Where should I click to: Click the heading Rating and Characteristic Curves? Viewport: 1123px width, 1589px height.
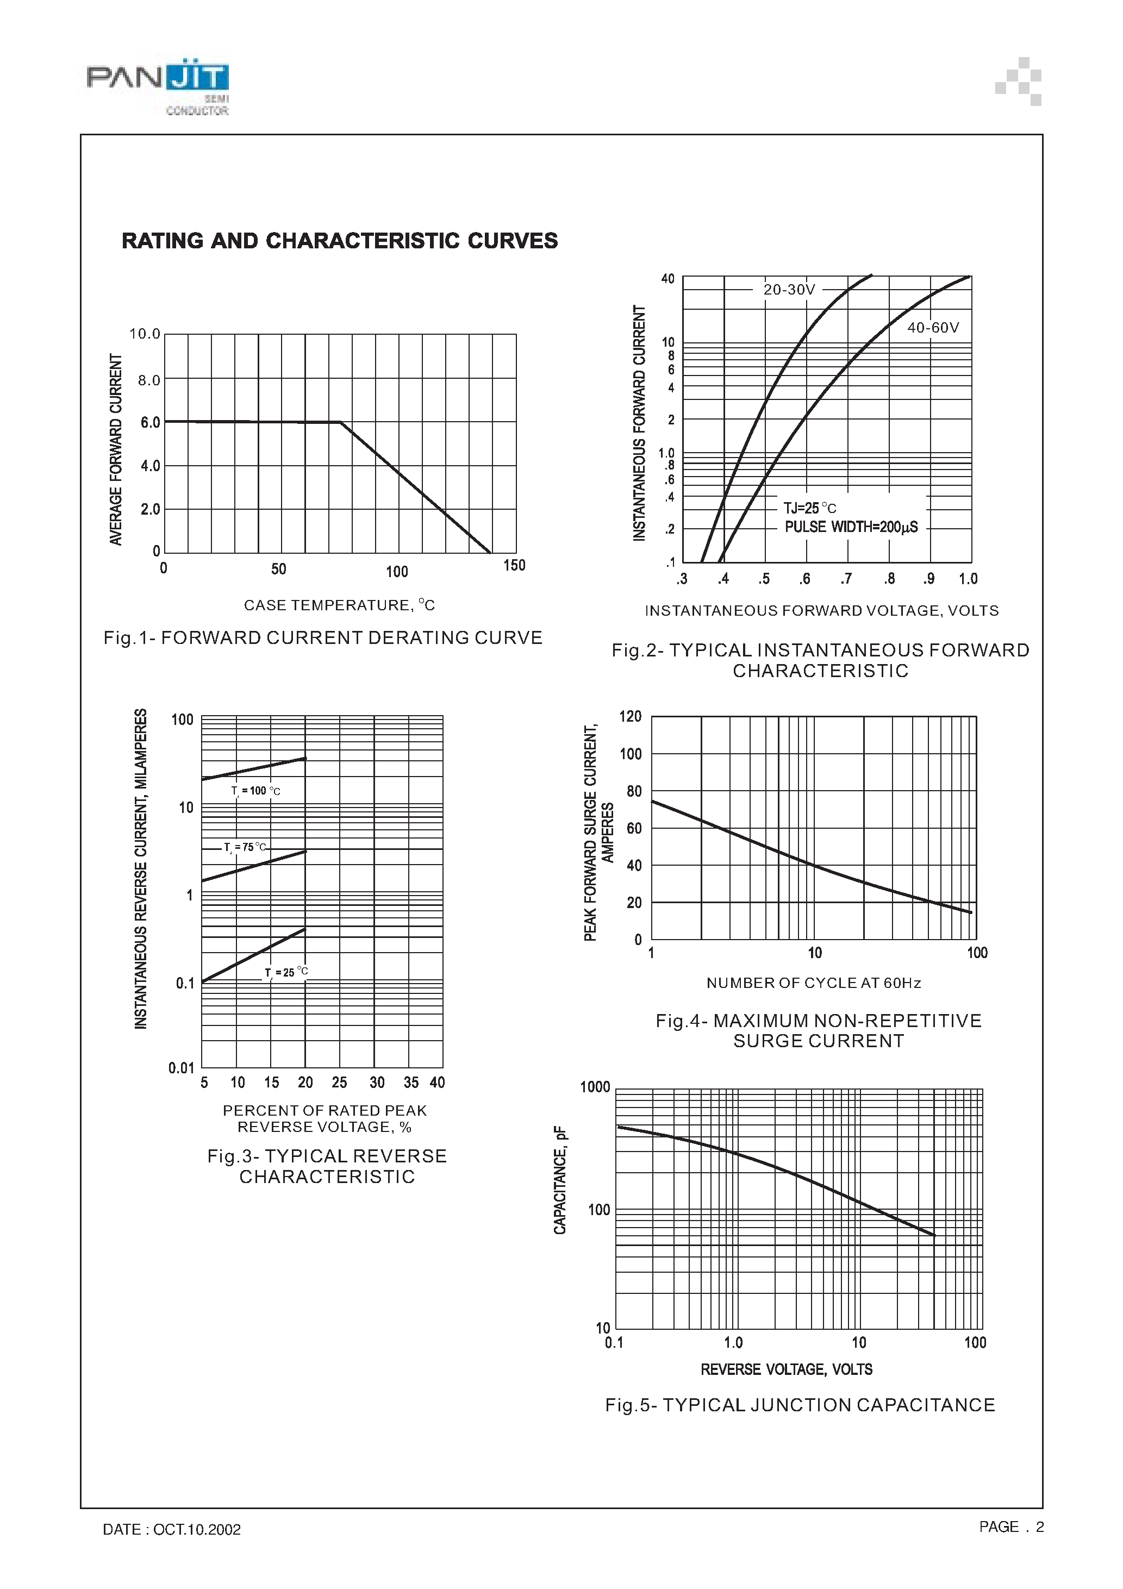coord(339,241)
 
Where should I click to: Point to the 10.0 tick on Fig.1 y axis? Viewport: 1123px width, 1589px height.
coord(145,334)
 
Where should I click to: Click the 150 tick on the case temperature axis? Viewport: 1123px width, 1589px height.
coord(514,565)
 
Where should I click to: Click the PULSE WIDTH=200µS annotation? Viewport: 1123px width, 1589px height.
coord(851,527)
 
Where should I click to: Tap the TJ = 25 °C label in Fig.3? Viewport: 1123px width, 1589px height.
coord(286,972)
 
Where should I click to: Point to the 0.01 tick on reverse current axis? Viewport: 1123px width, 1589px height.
coord(182,1068)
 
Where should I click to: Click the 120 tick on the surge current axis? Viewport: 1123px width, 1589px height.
coord(630,716)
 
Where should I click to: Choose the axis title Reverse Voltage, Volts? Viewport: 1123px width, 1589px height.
coord(787,1369)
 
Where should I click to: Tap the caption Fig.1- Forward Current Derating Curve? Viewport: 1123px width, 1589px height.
coord(323,638)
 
